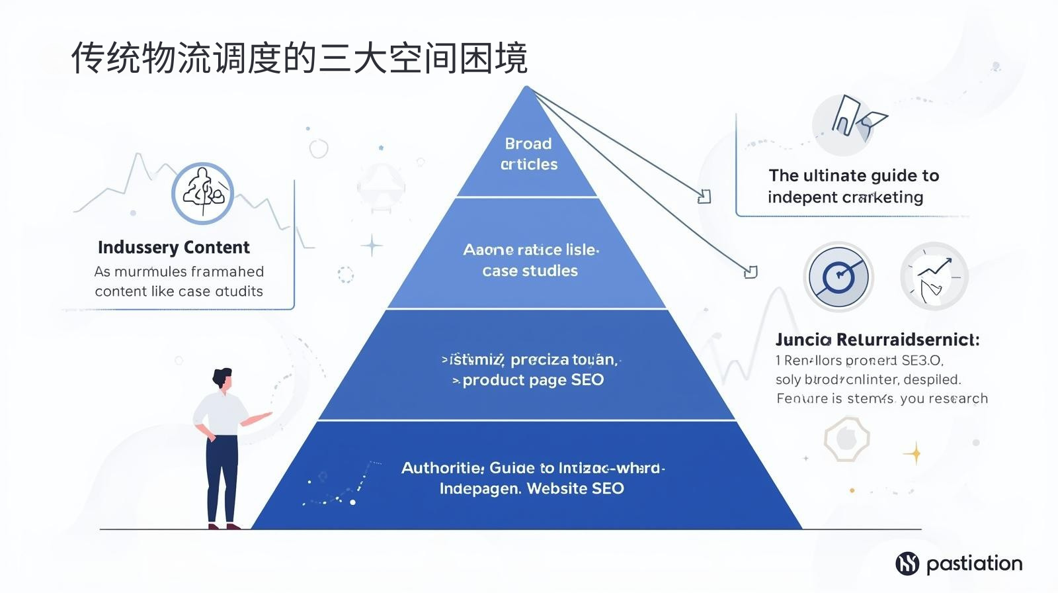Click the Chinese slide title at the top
pos(299,58)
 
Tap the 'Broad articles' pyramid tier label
pos(528,154)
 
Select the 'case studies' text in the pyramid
pos(530,271)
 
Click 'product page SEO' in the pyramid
pos(532,380)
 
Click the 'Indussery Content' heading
pos(173,248)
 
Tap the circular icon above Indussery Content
pos(203,193)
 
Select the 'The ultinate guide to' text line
pos(854,175)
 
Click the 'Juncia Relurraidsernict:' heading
pos(877,340)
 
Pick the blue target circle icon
pos(838,277)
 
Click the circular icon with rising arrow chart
pos(934,276)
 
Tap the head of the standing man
pos(223,379)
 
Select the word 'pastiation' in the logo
pos(974,563)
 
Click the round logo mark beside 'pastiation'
pos(907,563)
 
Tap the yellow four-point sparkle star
pos(915,453)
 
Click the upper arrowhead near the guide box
pos(705,197)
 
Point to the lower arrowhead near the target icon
pos(751,272)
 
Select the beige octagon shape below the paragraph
pos(846,439)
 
